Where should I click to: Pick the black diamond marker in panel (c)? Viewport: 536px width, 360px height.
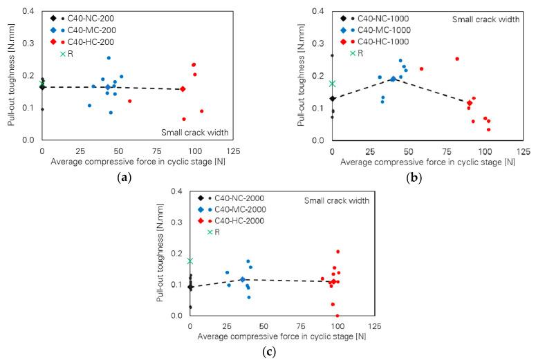[x=190, y=287]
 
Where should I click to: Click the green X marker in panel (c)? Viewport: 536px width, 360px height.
[x=190, y=260]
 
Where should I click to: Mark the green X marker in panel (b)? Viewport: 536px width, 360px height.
[x=332, y=84]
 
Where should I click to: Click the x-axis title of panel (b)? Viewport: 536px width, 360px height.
[x=423, y=162]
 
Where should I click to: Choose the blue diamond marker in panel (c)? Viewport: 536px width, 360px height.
[x=242, y=279]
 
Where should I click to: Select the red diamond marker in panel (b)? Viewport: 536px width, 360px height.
[x=470, y=103]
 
